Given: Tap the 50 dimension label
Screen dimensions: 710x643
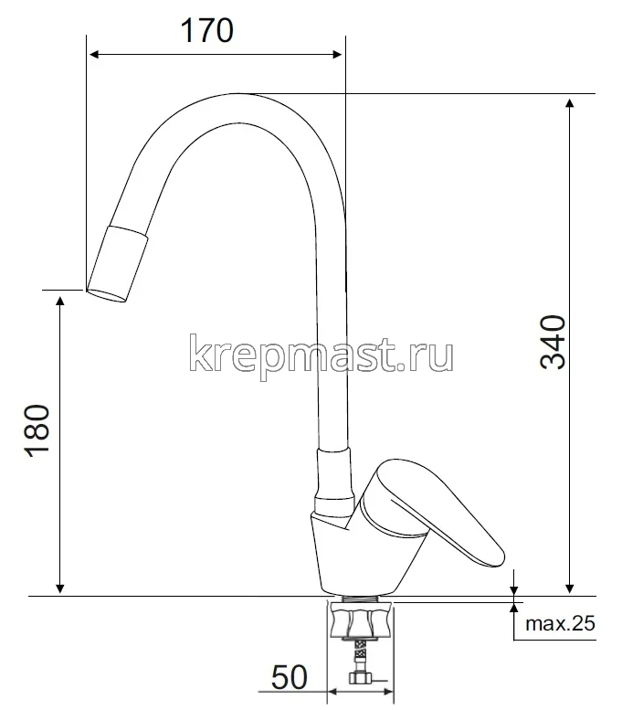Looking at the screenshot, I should click(289, 677).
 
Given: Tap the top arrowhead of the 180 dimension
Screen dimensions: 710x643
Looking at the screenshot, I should click(60, 301).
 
